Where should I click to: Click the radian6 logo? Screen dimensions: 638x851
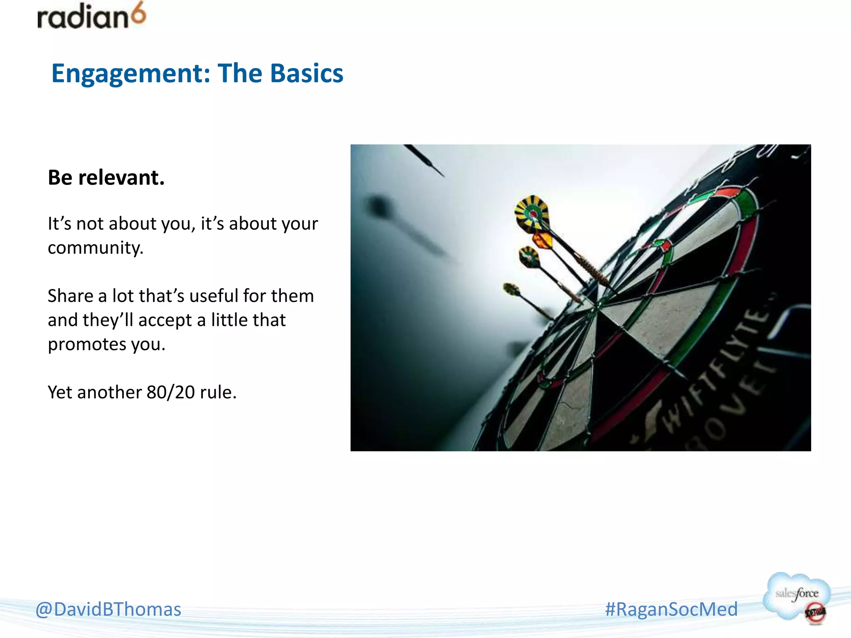click(x=91, y=17)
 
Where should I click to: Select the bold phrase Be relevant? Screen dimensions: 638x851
click(x=106, y=178)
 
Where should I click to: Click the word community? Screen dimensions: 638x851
click(x=96, y=248)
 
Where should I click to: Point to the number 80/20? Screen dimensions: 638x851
click(x=170, y=392)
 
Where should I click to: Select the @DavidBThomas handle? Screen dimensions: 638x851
click(x=108, y=609)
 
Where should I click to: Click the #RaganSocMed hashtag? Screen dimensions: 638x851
click(x=671, y=609)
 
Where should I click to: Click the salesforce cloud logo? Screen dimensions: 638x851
click(x=796, y=594)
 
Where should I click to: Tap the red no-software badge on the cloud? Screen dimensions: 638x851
click(x=815, y=612)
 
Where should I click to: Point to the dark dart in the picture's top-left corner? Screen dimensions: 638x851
click(x=424, y=160)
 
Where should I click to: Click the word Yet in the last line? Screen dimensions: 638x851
click(x=60, y=392)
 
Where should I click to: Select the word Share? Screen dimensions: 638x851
click(x=70, y=296)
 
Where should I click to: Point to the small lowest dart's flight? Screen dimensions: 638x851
click(x=511, y=289)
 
